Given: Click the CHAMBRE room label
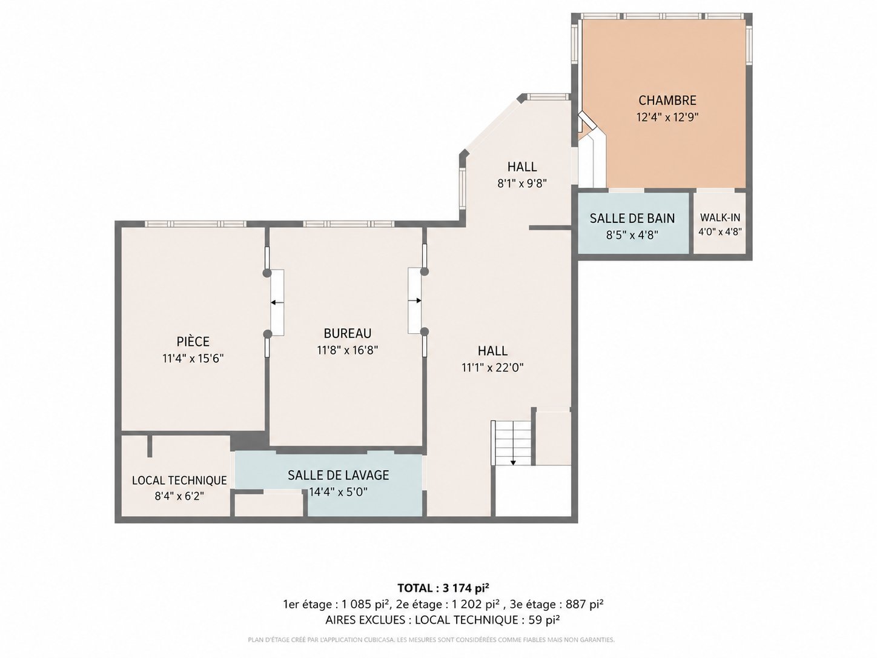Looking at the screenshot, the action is point(667,100).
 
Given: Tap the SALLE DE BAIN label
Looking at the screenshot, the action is point(632,218).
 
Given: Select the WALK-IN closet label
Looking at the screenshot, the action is point(720,218).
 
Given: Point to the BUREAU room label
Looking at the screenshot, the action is point(347,333).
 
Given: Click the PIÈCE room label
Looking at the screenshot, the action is point(193,341).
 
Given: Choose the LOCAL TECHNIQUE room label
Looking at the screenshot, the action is point(179,480).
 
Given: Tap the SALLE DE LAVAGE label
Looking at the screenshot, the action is point(338,475).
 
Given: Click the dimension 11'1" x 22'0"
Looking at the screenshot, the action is point(492,368).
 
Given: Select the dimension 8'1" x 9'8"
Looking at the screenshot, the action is point(522,184).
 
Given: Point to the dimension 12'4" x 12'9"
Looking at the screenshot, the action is point(667,117).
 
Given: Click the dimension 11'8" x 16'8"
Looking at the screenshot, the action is point(347,350).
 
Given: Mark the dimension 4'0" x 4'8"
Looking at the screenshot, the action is point(720,231).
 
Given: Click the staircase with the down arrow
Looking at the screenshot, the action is point(513,443).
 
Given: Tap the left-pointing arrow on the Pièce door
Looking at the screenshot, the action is point(277,303).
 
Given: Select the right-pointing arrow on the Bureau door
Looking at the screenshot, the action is point(415,301).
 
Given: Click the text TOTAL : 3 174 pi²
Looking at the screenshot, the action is point(443,588).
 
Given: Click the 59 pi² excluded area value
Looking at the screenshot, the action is point(543,620).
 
